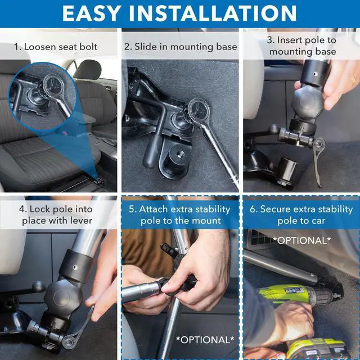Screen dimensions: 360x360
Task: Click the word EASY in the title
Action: [x=92, y=13]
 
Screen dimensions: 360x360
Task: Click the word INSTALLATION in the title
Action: [x=213, y=13]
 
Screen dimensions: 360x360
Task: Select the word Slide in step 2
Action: [x=146, y=47]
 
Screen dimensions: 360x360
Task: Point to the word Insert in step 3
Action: [x=289, y=40]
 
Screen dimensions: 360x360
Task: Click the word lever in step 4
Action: [x=80, y=220]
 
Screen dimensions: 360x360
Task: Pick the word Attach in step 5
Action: [x=154, y=209]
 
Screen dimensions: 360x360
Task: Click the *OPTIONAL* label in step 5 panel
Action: [x=205, y=340]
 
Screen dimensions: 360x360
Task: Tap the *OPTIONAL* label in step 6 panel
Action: [x=302, y=240]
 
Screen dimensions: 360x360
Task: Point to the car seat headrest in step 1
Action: [x=88, y=69]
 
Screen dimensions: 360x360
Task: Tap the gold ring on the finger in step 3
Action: [x=353, y=81]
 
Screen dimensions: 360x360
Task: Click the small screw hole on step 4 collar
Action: [x=75, y=268]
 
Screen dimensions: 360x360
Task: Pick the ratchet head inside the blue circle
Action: [x=53, y=85]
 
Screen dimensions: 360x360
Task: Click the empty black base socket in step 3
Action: [x=287, y=172]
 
